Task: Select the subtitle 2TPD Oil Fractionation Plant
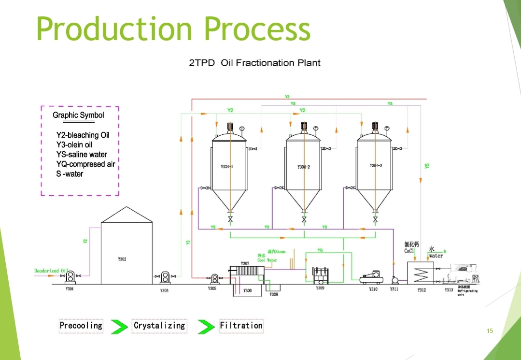254,63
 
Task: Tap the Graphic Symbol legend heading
78,115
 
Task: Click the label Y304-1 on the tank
227,166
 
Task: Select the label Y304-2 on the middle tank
304,167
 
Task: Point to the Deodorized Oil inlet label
47,271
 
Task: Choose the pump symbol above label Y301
70,277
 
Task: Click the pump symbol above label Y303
165,277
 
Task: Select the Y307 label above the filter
245,264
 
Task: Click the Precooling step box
81,326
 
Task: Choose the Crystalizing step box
159,326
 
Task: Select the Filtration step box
241,326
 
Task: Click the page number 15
490,331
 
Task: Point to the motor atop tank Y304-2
304,127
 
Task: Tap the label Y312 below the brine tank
422,290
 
